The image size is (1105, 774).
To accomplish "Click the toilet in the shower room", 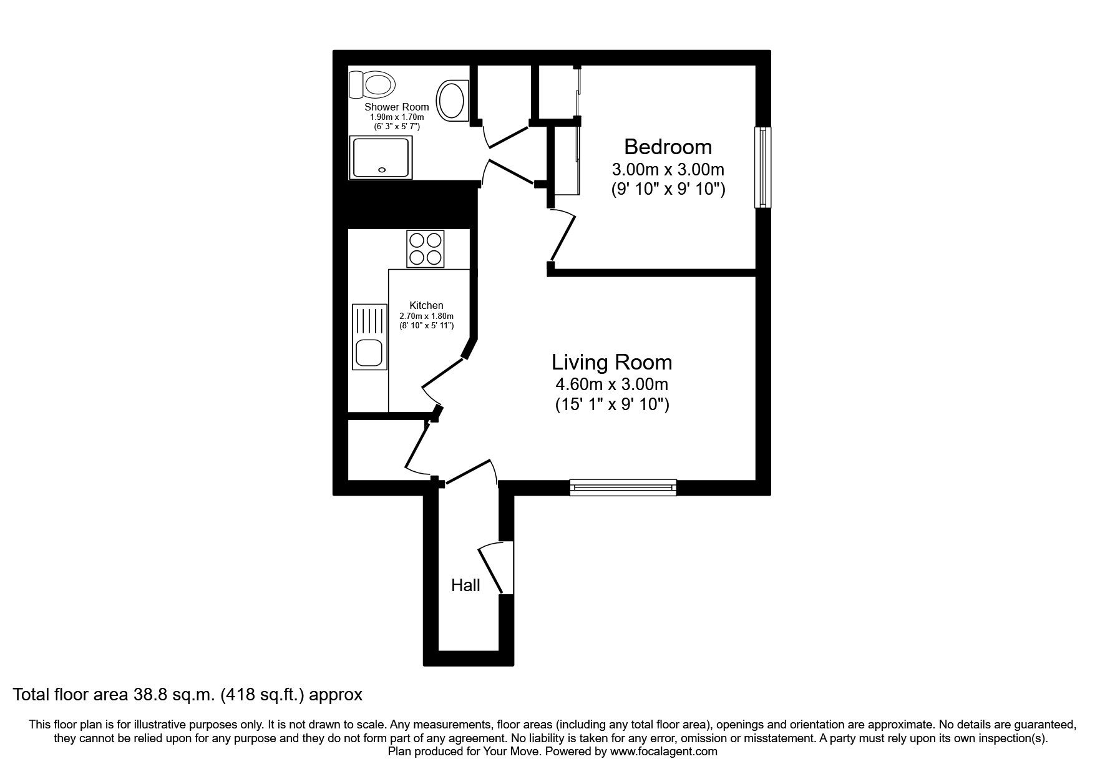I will click(373, 84).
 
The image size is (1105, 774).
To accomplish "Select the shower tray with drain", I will click(381, 157).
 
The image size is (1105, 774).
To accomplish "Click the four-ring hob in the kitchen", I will click(426, 248).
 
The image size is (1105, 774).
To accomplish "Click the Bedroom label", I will click(668, 147).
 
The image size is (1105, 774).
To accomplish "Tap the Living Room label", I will click(611, 362).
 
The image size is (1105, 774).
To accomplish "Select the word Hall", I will click(465, 585).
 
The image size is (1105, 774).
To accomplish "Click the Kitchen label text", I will click(426, 305).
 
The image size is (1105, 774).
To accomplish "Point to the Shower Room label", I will click(397, 107).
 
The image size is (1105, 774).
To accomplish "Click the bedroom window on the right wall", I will click(762, 167).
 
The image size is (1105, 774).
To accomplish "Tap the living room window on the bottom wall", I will click(623, 487).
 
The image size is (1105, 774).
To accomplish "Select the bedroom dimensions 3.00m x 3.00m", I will click(668, 169).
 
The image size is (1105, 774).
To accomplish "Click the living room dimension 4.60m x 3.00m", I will click(611, 384).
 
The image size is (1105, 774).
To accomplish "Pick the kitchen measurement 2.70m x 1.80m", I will click(426, 316).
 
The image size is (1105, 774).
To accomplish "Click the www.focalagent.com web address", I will click(663, 752).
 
